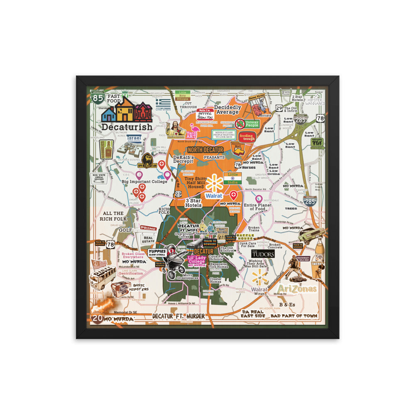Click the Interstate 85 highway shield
[x=98, y=98]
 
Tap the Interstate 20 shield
[x=97, y=319]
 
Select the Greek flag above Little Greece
[x=163, y=103]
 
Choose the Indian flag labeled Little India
[x=232, y=178]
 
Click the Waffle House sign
[x=244, y=237]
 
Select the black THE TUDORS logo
[x=263, y=254]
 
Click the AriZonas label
[x=297, y=289]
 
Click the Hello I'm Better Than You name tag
[x=205, y=113]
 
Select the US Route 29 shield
[x=279, y=108]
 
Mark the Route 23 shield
[x=178, y=194]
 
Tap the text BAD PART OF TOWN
[x=294, y=316]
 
